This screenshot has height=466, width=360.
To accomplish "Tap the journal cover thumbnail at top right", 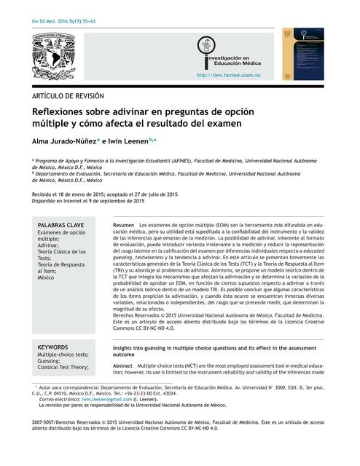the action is point(308,54).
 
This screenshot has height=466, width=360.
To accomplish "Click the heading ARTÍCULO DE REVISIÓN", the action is point(68,95).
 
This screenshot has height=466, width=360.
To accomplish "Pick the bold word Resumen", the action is point(124,226).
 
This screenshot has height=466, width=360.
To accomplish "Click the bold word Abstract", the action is point(123,365).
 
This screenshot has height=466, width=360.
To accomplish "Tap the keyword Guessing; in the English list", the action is point(50,360).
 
